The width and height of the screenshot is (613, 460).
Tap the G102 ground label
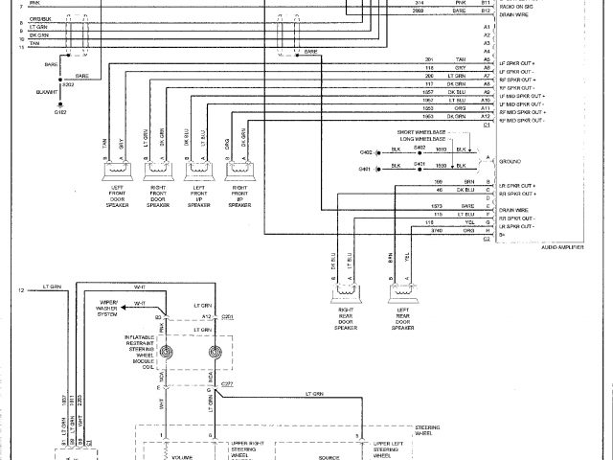(58, 112)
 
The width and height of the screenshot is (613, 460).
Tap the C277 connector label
(226, 383)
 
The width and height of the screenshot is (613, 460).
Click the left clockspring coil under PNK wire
(167, 353)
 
